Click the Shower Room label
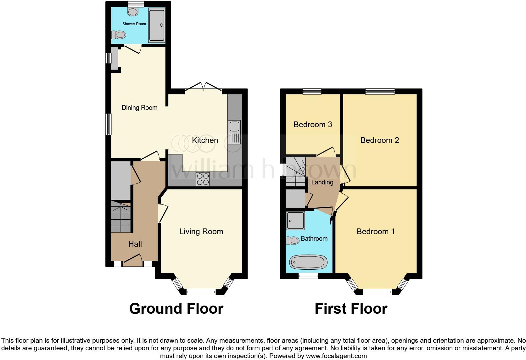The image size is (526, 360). [134, 24]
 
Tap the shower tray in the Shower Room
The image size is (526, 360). [157, 25]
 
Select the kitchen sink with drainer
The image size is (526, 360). [234, 132]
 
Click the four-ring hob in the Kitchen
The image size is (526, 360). [203, 179]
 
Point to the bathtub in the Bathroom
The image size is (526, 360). [308, 262]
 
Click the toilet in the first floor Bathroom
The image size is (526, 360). [293, 241]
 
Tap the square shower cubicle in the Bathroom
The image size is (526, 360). [295, 220]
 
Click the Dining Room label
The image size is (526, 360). [139, 108]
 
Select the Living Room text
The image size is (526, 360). [201, 232]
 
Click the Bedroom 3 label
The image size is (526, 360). [313, 125]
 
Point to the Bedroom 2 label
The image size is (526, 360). [379, 140]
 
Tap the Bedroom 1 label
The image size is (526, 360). [375, 232]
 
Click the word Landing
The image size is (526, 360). [322, 182]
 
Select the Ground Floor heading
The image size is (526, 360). [176, 309]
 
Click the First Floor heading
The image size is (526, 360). [351, 309]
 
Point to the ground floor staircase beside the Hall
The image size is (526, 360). [121, 217]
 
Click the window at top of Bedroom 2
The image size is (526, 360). [380, 91]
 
